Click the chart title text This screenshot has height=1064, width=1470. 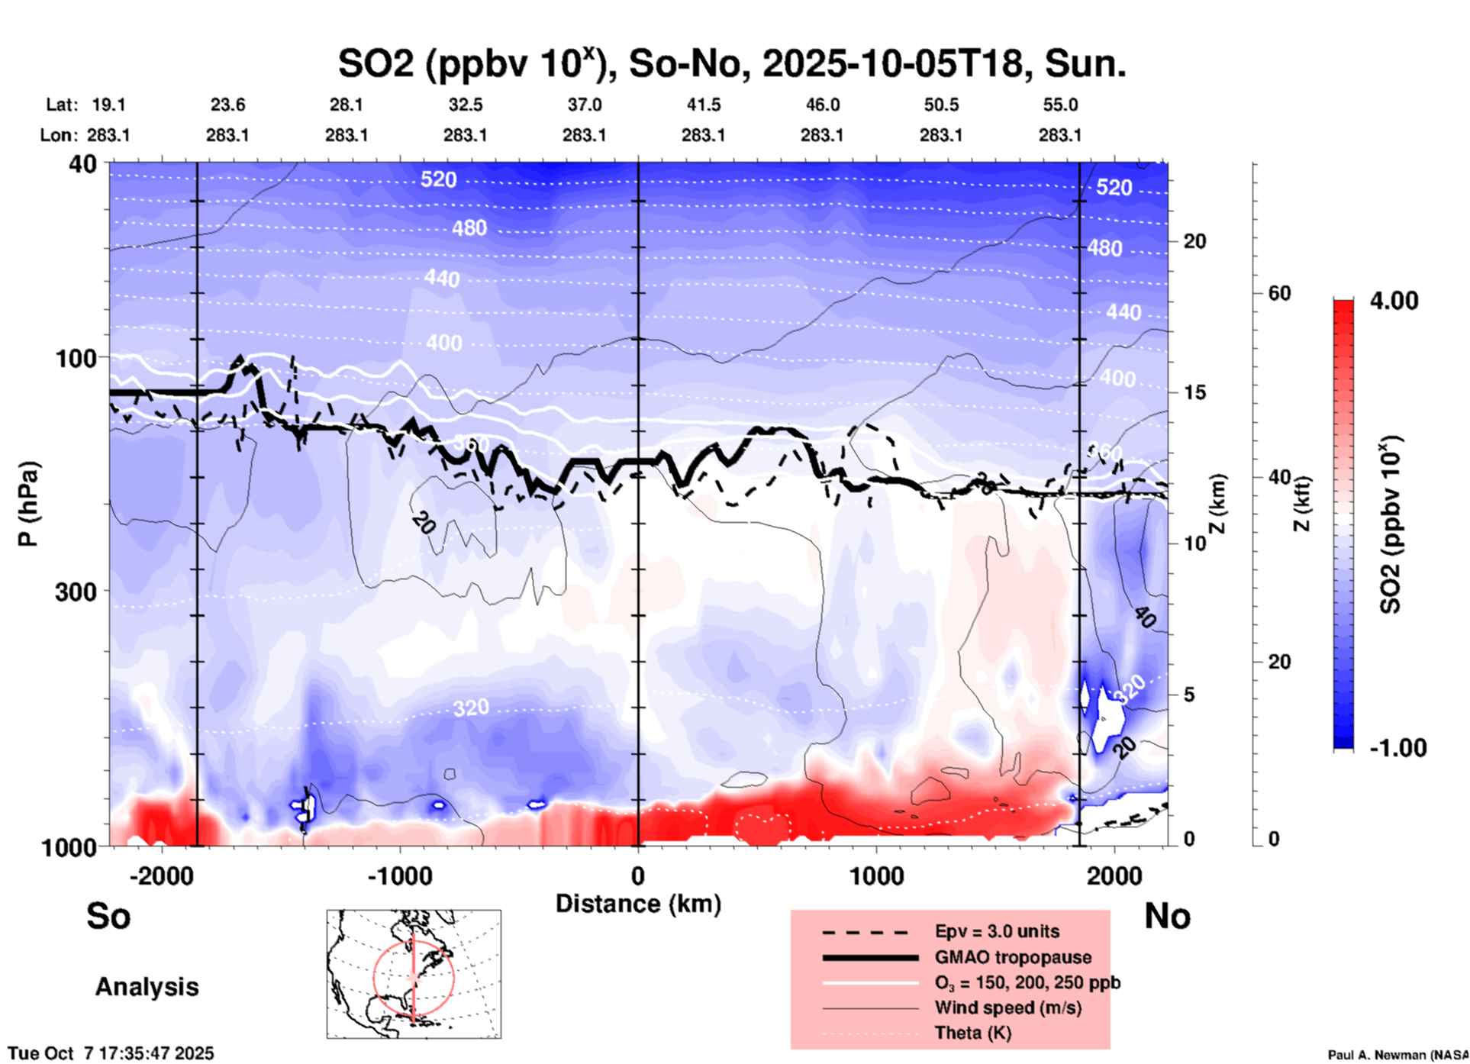click(732, 64)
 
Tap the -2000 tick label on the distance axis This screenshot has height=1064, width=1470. click(161, 876)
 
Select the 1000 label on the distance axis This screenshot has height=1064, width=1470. click(876, 876)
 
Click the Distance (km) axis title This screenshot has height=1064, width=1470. click(638, 904)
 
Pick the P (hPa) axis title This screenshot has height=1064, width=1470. click(27, 504)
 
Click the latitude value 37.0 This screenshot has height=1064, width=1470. click(584, 105)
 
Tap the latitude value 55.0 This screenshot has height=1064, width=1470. click(1060, 105)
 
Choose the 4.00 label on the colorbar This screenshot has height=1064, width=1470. click(1394, 301)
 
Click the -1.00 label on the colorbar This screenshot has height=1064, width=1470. click(1397, 748)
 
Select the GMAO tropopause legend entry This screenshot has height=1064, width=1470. click(1013, 957)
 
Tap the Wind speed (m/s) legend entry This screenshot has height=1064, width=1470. click(1007, 1008)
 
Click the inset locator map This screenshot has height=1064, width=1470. click(414, 974)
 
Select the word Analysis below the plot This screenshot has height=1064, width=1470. click(147, 987)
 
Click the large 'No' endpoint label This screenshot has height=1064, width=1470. click(1167, 916)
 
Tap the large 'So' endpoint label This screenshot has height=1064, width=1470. click(108, 916)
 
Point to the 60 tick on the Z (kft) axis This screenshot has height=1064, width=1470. click(1279, 294)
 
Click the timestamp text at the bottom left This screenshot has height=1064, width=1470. click(111, 1054)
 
